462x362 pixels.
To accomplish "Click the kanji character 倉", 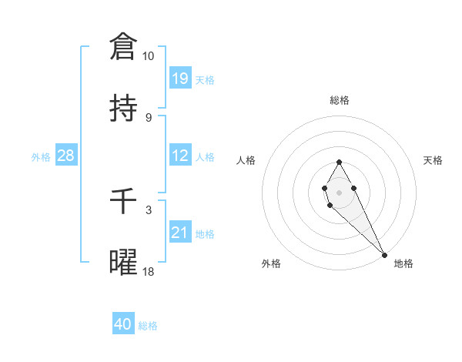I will pyautogui.click(x=123, y=46).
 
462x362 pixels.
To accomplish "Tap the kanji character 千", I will pyautogui.click(x=123, y=202).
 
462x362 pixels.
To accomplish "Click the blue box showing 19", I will pyautogui.click(x=179, y=78).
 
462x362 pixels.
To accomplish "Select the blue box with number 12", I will pyautogui.click(x=179, y=156).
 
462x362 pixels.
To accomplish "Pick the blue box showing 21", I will pyautogui.click(x=179, y=233).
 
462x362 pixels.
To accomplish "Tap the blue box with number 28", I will pyautogui.click(x=66, y=156).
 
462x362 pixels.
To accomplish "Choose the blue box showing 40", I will pyautogui.click(x=123, y=324).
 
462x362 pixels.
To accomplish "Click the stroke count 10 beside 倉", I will pyautogui.click(x=149, y=56).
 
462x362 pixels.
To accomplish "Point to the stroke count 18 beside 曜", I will pyautogui.click(x=149, y=272).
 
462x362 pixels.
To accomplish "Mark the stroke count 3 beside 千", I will pyautogui.click(x=149, y=209).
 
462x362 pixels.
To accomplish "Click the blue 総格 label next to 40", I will pyautogui.click(x=148, y=326).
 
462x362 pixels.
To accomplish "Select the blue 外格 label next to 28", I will pyautogui.click(x=41, y=156).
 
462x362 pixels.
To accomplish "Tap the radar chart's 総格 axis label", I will pyautogui.click(x=340, y=100).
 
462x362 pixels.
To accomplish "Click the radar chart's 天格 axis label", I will pyautogui.click(x=433, y=160).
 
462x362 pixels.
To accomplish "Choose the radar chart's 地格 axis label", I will pyautogui.click(x=403, y=263).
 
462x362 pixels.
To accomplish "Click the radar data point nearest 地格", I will pyautogui.click(x=384, y=254).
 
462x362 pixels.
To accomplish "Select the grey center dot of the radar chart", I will pyautogui.click(x=339, y=191).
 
